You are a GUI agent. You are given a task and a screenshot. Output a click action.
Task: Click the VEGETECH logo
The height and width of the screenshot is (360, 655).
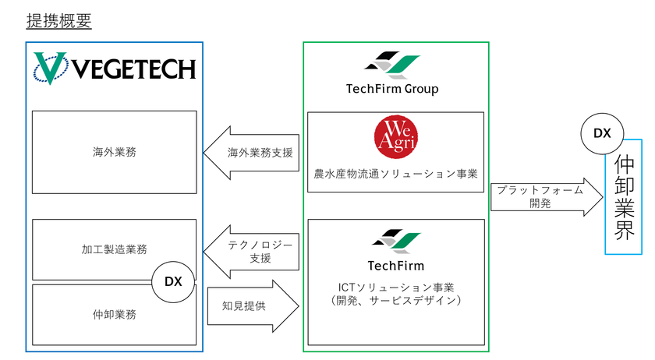point(115,70)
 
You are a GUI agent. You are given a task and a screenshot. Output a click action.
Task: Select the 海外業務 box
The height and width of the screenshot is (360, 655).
point(114,153)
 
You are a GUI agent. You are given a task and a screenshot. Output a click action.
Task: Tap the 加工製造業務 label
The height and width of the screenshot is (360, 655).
point(114,249)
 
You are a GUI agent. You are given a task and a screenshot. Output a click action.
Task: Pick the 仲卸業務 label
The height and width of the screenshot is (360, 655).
point(114,315)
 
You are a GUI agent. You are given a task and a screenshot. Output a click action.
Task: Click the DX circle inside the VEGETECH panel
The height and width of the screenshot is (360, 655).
point(173,281)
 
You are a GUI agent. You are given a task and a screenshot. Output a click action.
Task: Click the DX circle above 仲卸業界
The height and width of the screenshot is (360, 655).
point(601,133)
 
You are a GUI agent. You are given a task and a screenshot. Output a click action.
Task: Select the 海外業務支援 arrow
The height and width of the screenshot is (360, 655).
point(251,152)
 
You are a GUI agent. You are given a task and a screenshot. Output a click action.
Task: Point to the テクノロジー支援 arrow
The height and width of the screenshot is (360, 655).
point(251,252)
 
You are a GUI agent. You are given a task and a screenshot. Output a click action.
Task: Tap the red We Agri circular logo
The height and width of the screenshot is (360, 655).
point(395,135)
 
